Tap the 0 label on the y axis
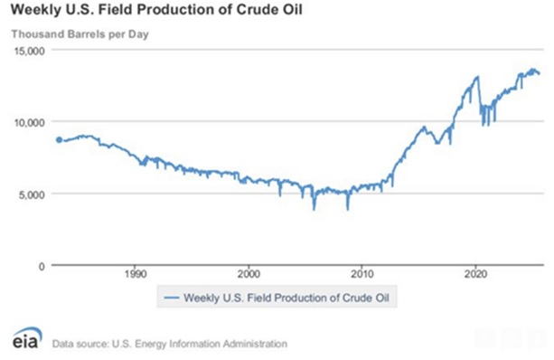click(41, 265)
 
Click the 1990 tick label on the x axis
click(136, 275)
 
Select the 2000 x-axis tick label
click(249, 275)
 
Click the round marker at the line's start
click(60, 140)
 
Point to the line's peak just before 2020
click(476, 78)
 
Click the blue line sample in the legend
click(168, 297)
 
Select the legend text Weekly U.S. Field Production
click(253, 297)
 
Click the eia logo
click(23, 340)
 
